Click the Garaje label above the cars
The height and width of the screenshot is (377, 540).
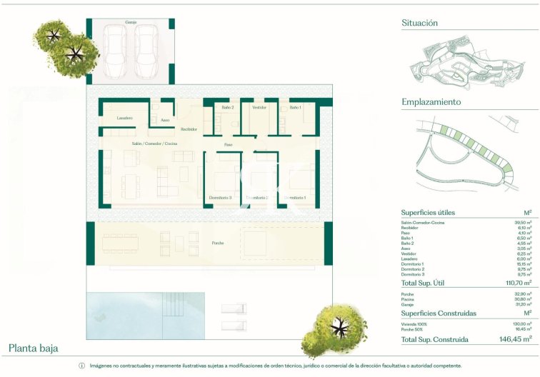click(x=131, y=22)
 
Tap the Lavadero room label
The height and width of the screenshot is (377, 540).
click(x=125, y=117)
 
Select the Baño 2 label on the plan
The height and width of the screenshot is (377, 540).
click(x=228, y=107)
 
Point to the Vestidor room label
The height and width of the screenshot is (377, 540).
click(x=259, y=107)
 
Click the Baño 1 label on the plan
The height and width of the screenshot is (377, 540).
click(x=295, y=107)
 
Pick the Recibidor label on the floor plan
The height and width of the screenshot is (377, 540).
click(x=189, y=129)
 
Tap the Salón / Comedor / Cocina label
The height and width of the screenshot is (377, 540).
click(x=154, y=144)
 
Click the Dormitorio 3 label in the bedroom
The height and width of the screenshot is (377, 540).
click(x=220, y=197)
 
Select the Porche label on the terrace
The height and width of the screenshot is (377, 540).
click(x=217, y=243)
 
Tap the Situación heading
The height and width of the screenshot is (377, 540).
click(x=419, y=23)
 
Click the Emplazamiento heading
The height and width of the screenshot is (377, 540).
click(x=430, y=102)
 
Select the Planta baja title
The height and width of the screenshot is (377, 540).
click(x=34, y=348)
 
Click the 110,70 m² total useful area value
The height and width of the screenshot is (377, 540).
click(x=516, y=283)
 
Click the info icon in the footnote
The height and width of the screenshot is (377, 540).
click(x=81, y=366)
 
